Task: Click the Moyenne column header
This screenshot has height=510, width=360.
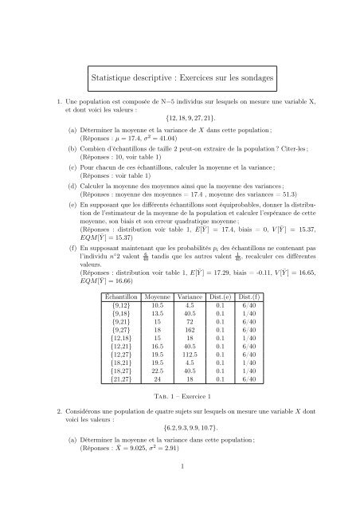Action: (169, 295)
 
